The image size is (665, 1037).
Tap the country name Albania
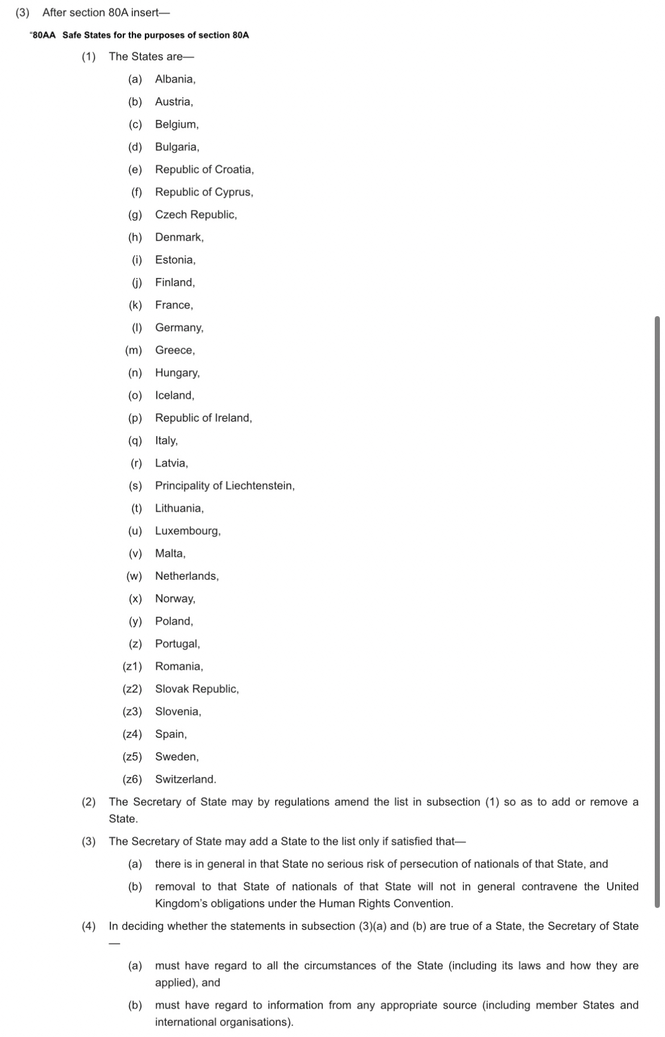(174, 79)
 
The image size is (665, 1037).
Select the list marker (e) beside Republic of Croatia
(135, 169)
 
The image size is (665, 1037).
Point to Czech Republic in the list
(196, 214)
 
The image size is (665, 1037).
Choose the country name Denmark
(178, 237)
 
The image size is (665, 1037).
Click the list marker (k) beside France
(135, 305)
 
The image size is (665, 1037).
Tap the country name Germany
(178, 327)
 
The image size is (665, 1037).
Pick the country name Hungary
(177, 373)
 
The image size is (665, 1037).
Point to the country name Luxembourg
(187, 531)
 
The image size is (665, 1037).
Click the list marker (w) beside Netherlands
(134, 576)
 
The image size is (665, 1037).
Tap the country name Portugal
(177, 644)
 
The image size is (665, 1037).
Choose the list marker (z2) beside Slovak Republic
(132, 689)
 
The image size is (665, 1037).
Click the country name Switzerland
(185, 779)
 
